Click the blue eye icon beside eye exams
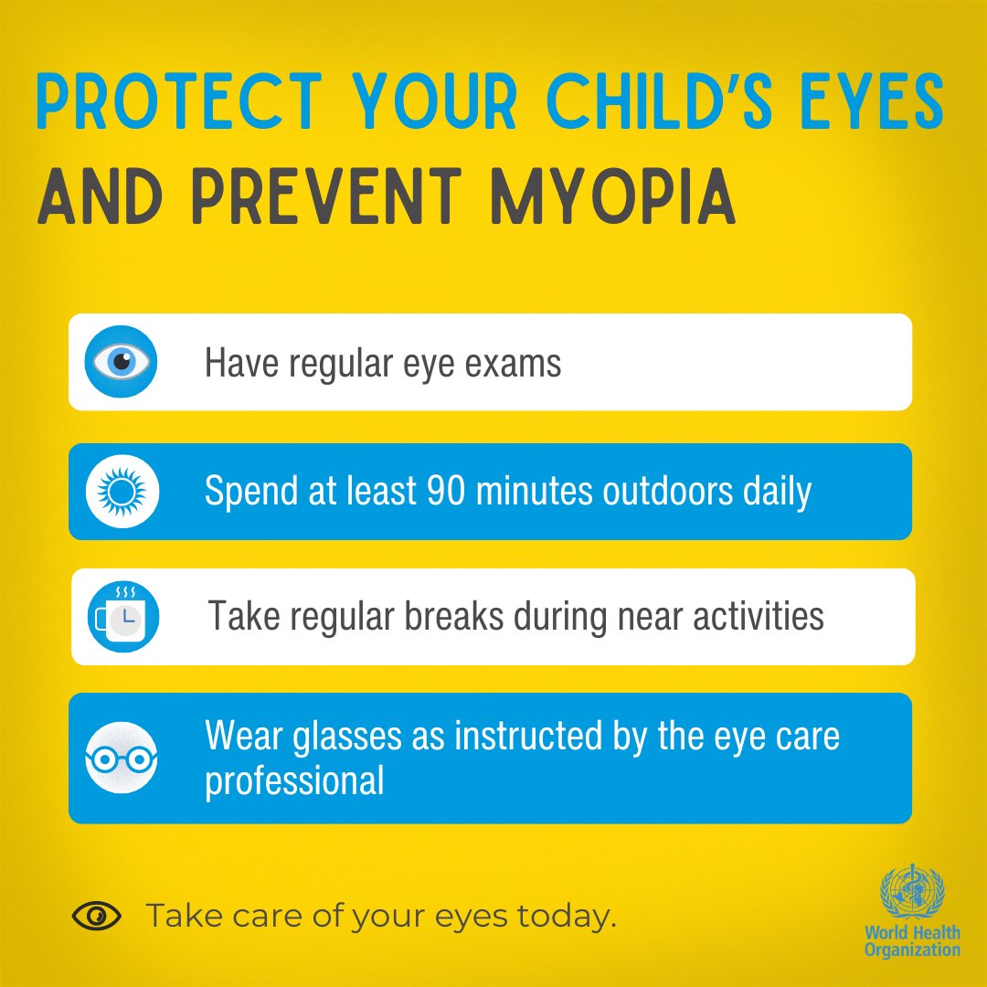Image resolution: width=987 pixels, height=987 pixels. point(122,363)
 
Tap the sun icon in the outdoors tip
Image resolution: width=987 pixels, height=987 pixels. point(122,493)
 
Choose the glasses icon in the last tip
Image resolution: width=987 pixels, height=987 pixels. point(122,759)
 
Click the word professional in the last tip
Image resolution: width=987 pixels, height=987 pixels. point(294,781)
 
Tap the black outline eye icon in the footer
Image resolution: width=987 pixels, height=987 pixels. point(96,915)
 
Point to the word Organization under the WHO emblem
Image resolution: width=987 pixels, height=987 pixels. point(913,950)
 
